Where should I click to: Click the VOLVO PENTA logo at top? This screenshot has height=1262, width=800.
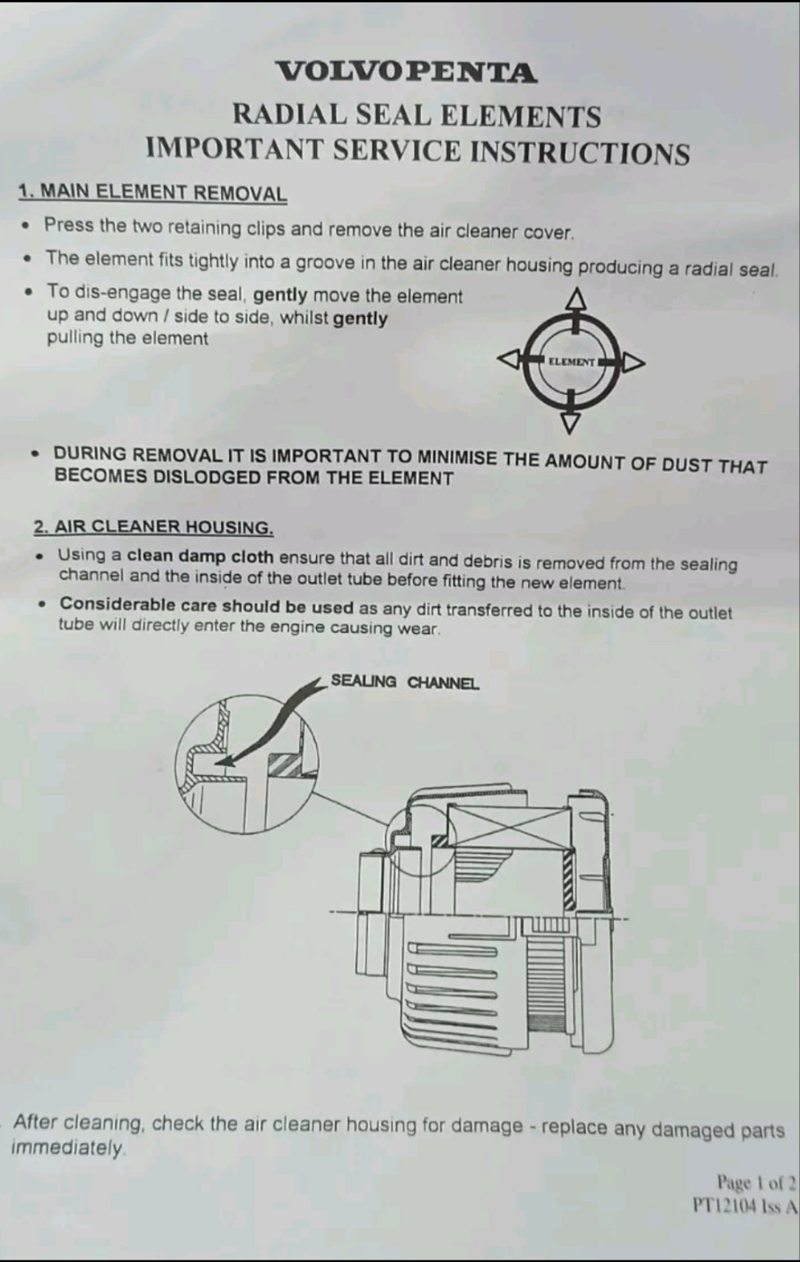[x=406, y=72]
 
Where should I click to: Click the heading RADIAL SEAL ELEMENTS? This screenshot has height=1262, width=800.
[x=417, y=115]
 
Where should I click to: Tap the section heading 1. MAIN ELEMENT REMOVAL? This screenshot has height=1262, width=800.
[x=152, y=193]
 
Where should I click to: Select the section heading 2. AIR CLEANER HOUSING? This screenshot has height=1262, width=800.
[x=154, y=527]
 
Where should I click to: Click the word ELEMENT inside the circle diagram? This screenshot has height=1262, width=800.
[x=571, y=362]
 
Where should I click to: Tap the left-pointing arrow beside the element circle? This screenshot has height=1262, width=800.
[x=510, y=359]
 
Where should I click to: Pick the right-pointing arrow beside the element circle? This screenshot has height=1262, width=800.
[x=633, y=362]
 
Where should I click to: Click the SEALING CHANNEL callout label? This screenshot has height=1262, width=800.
[x=405, y=682]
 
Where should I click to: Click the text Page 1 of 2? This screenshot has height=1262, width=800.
[x=756, y=1182]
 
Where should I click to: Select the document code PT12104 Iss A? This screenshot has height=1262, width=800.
[x=746, y=1207]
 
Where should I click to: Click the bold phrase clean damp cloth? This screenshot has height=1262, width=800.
[x=200, y=556]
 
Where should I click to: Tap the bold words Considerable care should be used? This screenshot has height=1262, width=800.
[x=206, y=605]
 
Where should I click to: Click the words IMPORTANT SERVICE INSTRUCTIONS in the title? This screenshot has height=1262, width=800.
[x=418, y=151]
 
